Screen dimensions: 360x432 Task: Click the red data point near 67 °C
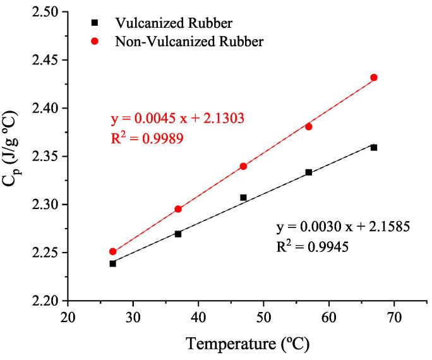tap(374, 78)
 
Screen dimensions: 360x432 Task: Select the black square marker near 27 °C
tap(112, 263)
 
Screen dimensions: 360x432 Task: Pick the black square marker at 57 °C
tap(309, 172)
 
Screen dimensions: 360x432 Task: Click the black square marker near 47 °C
tap(243, 198)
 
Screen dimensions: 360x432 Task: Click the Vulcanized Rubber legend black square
tap(95, 23)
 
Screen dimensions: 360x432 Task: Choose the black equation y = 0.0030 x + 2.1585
tap(344, 226)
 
